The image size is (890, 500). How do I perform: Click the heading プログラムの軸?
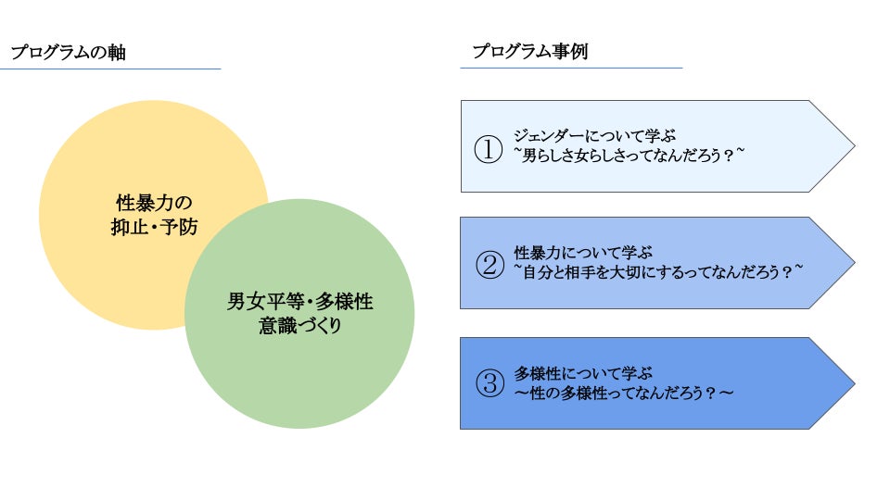point(68,53)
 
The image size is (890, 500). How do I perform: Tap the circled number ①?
point(488,148)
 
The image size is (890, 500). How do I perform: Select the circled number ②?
point(488,265)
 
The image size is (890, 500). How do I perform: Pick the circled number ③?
point(488,384)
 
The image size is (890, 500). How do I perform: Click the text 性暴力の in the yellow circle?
point(154,203)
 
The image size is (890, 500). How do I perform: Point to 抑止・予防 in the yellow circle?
point(154,227)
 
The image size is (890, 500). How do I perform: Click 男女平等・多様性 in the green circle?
point(299,302)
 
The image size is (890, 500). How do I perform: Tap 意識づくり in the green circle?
point(299,326)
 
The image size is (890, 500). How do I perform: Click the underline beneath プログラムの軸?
point(111,69)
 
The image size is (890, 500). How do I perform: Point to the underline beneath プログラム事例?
point(571,68)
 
